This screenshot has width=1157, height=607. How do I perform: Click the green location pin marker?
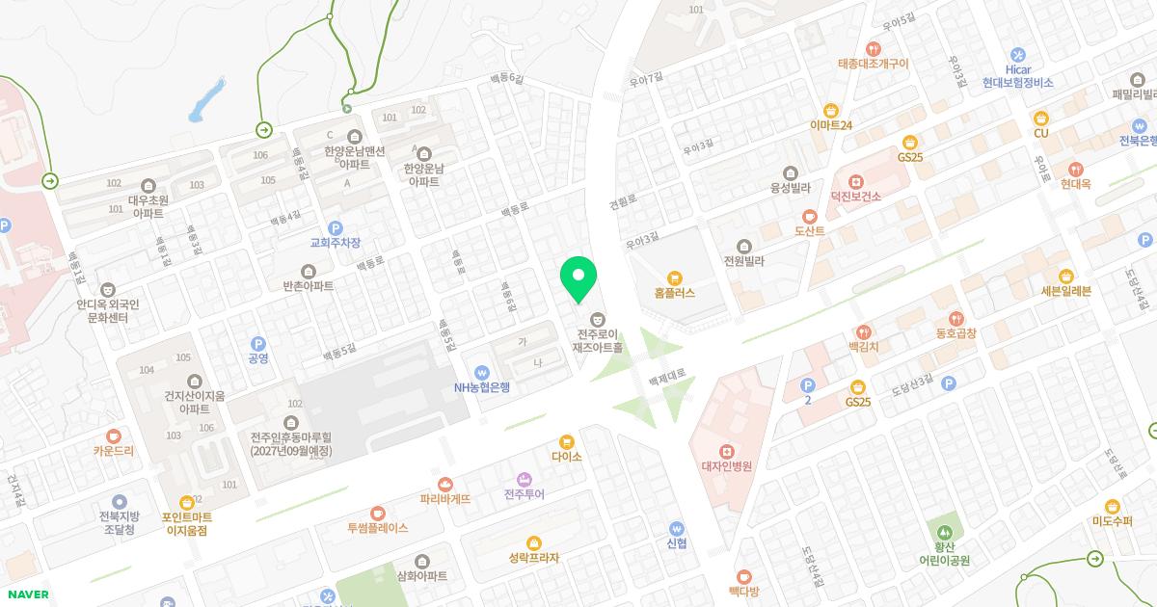point(578,279)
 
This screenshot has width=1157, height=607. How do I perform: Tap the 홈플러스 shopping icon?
point(674,277)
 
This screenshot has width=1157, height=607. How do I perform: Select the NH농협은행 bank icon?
point(482,372)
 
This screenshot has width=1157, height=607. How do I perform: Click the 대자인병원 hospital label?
point(726,466)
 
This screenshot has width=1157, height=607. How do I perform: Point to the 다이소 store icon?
point(567,441)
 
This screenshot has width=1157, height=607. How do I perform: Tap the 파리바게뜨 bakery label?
point(445,499)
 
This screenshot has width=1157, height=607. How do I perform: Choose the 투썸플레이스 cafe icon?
point(378,513)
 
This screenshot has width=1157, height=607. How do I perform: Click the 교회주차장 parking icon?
point(336,228)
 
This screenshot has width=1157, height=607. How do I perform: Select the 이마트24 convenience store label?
point(831,125)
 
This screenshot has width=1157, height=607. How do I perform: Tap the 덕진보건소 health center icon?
point(855,181)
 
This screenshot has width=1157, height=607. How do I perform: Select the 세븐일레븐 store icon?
point(1065,276)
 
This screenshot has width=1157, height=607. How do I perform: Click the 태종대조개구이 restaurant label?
point(873,64)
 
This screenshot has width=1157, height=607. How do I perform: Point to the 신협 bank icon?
point(676,528)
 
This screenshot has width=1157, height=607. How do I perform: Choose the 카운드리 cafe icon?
point(114,435)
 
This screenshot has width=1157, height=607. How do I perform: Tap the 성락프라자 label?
point(534,558)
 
